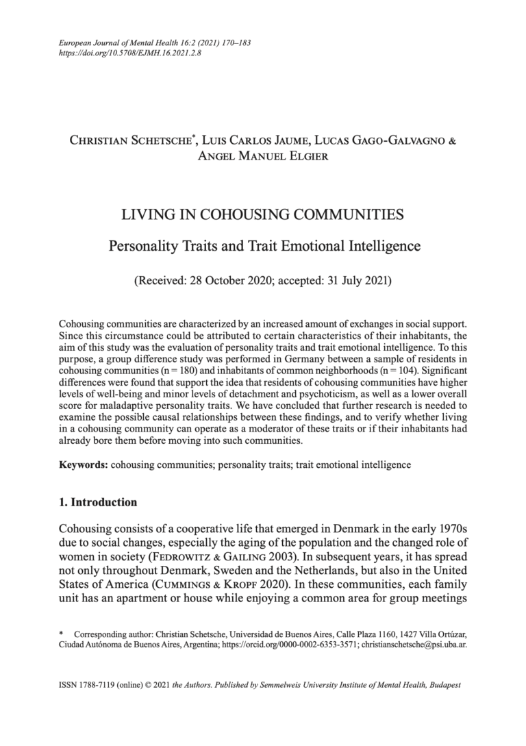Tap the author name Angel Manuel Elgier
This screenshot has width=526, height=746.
(x=262, y=157)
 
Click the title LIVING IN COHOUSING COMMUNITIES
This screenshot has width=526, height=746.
(x=262, y=216)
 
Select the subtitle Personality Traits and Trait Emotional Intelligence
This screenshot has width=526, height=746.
(x=262, y=245)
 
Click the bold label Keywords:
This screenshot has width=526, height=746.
(x=83, y=464)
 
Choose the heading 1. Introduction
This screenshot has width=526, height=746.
(x=98, y=502)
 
